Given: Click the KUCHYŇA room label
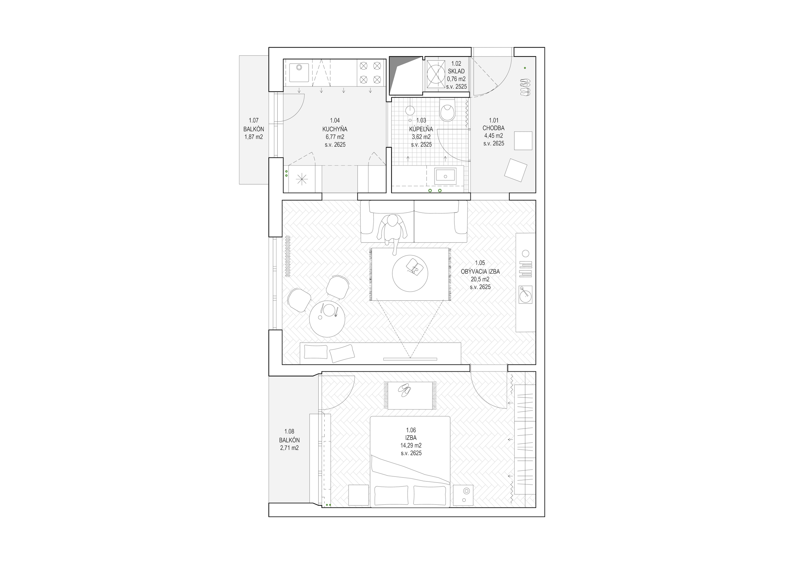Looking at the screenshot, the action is [335, 129].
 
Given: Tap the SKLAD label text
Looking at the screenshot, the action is [456, 71].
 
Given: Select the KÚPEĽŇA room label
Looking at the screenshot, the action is [421, 129].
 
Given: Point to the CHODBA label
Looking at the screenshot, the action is [494, 128].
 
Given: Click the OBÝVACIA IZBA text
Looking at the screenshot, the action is [480, 272].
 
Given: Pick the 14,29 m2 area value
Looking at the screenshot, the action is [411, 446].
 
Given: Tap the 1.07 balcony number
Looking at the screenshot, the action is [254, 121].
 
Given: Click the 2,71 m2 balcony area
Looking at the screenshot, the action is [290, 448].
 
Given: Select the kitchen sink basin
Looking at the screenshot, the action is [299, 73].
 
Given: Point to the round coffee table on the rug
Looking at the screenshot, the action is [410, 273].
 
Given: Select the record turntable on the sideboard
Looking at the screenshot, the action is [526, 295].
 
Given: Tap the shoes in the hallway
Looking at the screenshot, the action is [525, 87].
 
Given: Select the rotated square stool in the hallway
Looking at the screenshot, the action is [516, 170].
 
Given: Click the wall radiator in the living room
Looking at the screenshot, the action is [287, 256].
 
